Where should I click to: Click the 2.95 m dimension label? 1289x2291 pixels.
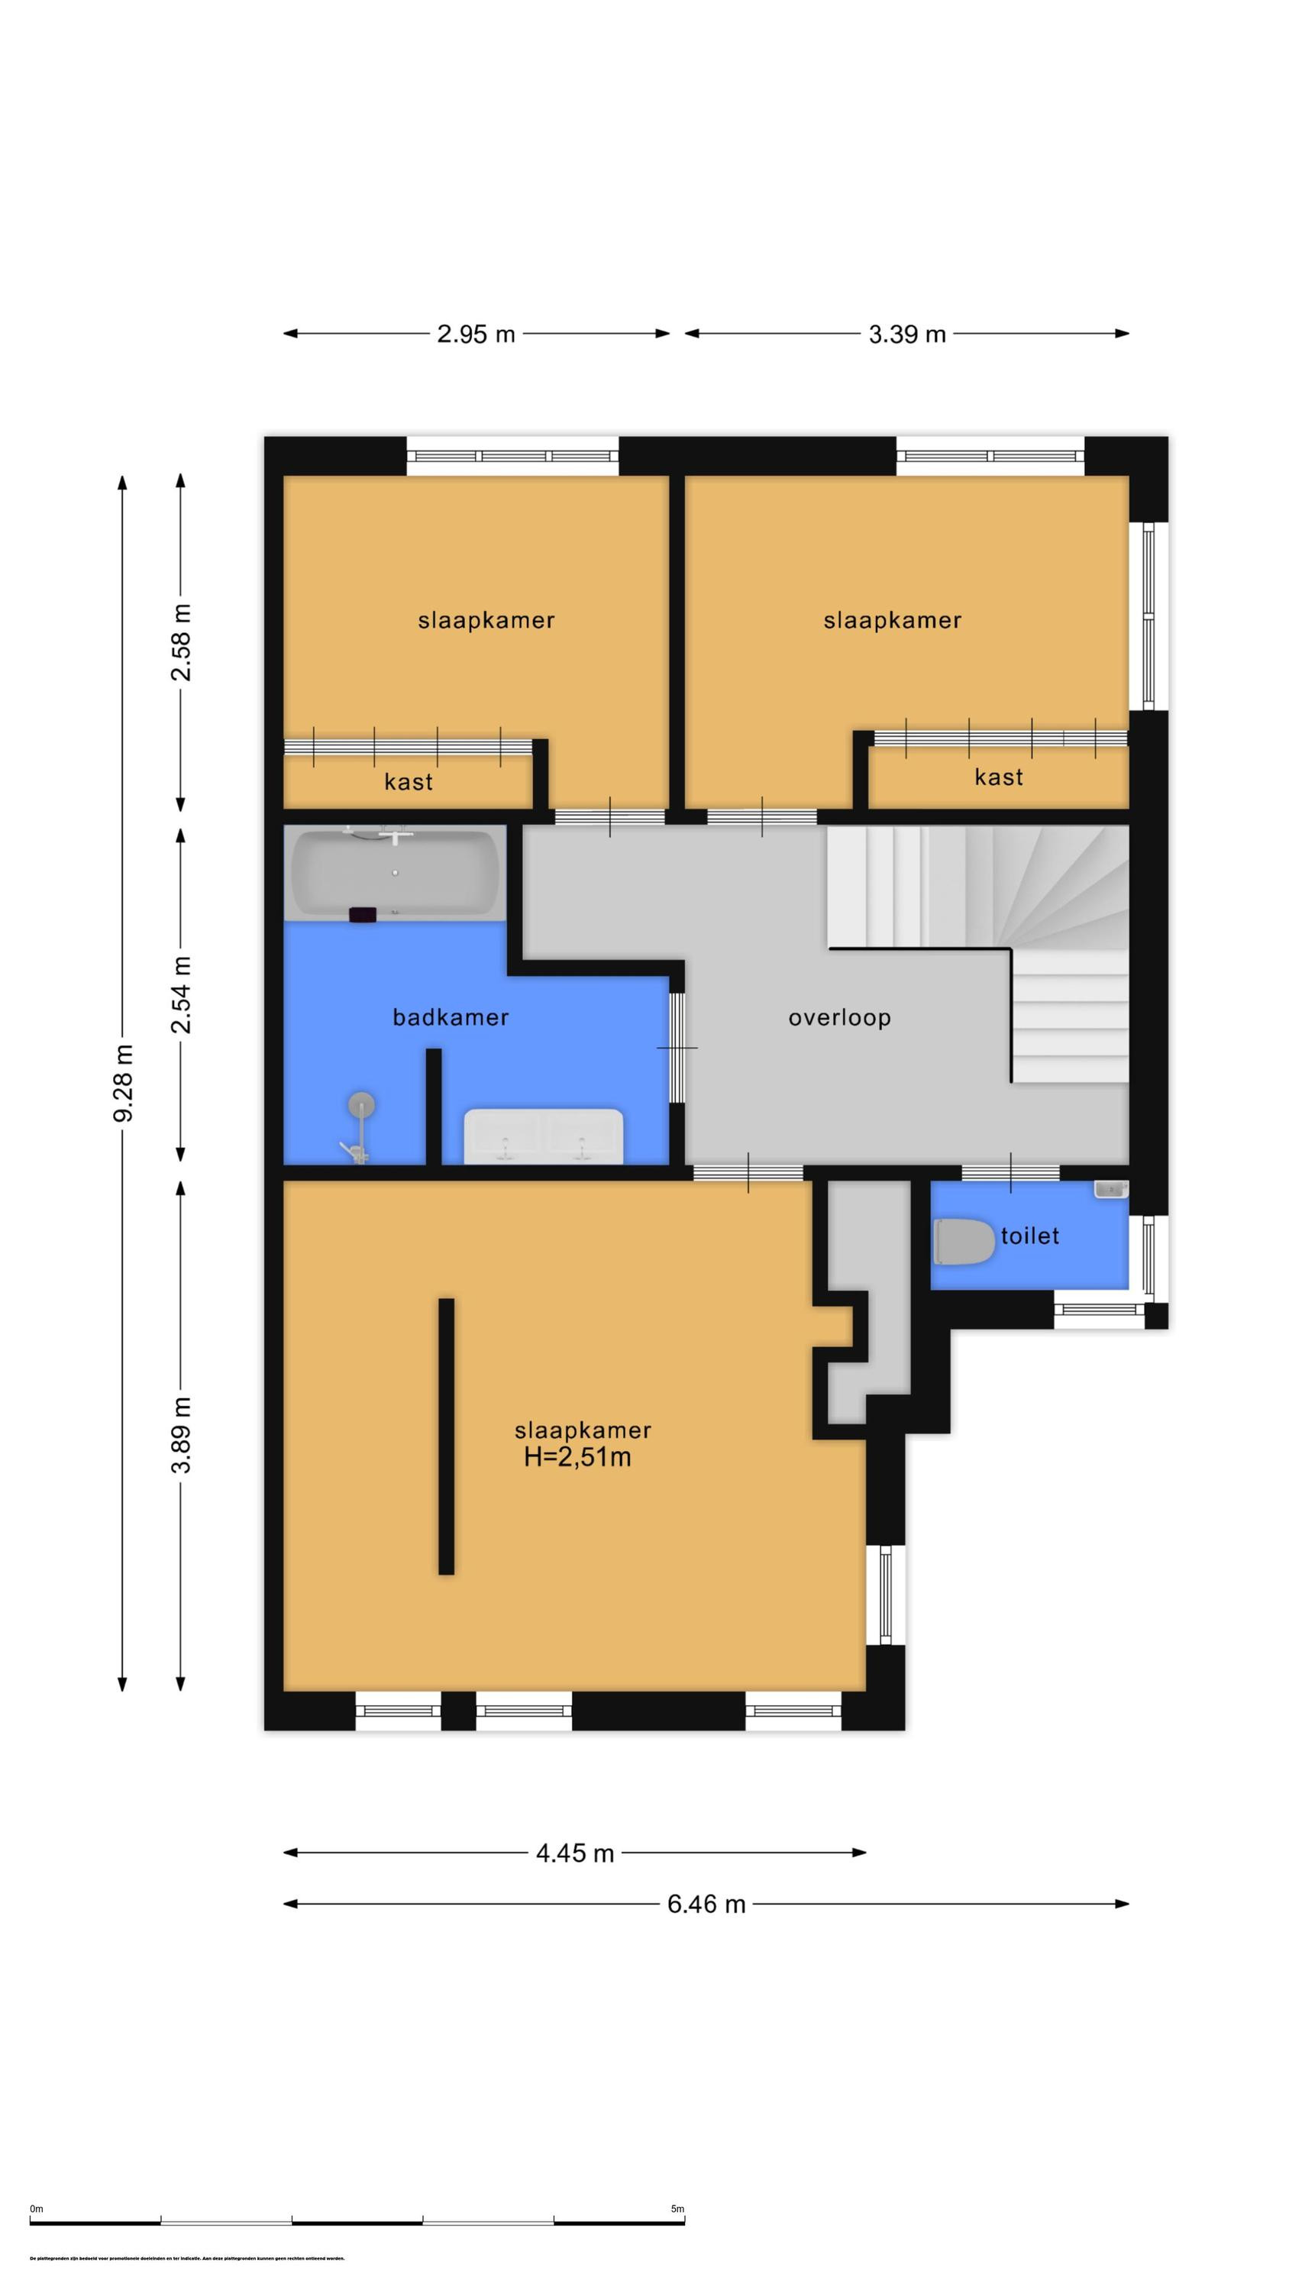[475, 334]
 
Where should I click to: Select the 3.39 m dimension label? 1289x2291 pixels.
[906, 334]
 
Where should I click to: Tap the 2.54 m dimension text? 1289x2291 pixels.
[182, 994]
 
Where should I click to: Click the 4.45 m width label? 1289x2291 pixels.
[575, 1853]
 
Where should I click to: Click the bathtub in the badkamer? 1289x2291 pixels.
[394, 874]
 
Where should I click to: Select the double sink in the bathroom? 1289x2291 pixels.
[543, 1136]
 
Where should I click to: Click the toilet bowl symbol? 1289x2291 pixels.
[965, 1242]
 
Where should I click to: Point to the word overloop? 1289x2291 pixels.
[839, 1017]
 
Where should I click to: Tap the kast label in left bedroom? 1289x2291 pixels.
[409, 782]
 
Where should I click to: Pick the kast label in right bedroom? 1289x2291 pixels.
[998, 777]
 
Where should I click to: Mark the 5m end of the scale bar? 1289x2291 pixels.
[683, 2222]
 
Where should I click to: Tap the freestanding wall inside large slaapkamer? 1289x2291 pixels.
[447, 1436]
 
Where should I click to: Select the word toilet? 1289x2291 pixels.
[1029, 1236]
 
